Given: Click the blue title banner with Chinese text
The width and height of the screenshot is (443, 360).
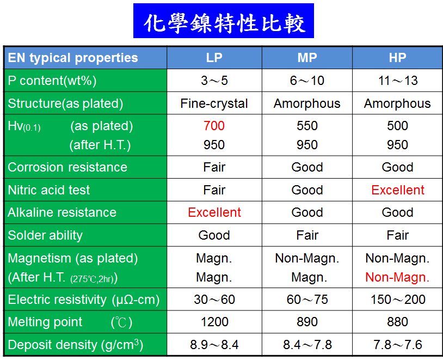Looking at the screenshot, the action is pos(224,21).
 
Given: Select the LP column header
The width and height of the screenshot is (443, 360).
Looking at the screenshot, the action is pos(214,58).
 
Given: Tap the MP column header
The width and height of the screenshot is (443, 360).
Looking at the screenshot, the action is pos(307,58).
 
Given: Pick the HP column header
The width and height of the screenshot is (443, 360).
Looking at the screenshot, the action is pos(397,58).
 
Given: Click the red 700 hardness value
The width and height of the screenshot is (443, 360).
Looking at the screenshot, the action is pos(214,126).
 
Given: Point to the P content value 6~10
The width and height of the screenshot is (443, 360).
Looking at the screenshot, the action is pos(307,81).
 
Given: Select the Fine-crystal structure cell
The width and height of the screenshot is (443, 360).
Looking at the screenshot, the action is pos(214,103).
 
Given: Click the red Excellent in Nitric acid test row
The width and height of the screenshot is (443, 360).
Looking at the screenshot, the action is pos(398,190).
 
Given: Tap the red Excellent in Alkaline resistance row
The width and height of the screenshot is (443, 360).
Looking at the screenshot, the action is pos(214,212).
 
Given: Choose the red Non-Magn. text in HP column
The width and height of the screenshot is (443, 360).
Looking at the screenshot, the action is pos(397,277).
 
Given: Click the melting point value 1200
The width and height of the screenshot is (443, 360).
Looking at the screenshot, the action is pos(214,322).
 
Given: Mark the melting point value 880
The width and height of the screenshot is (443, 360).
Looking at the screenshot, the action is pos(397,322).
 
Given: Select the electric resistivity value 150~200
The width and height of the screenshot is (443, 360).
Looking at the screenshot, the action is pos(398,300).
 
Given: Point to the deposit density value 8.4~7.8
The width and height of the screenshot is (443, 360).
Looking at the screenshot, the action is pos(307,345).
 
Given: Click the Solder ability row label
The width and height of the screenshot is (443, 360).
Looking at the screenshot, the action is pos(45,235).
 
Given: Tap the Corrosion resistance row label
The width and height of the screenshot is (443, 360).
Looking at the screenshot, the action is pos(67,167).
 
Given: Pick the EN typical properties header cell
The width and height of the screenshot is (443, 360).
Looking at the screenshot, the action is pos(73,58).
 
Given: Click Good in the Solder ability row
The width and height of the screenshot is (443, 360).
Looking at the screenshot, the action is pos(214,235).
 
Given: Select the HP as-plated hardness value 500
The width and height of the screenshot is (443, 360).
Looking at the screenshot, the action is pos(397,126).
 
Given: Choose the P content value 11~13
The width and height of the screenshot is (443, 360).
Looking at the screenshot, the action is pos(398,81).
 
